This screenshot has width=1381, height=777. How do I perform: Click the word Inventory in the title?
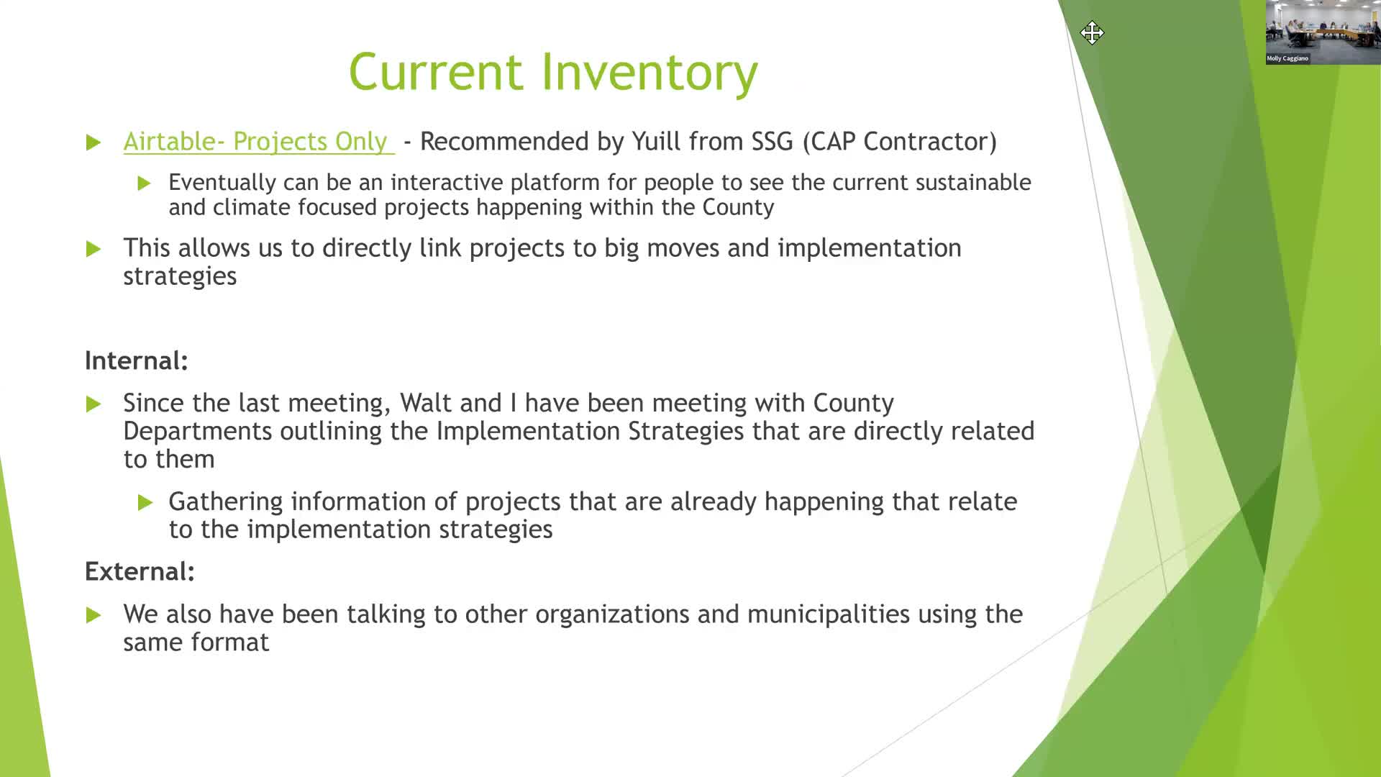650,72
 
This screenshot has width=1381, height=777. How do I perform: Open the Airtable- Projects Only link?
258,142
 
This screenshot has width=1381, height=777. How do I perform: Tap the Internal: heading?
136,360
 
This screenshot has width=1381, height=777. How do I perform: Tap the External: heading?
140,571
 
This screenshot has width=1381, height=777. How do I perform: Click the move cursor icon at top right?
1092,33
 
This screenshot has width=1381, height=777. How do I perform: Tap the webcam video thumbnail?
1323,32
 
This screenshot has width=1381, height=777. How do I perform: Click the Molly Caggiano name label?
1287,58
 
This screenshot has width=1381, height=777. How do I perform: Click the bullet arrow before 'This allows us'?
94,249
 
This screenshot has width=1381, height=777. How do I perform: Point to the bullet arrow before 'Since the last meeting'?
94,404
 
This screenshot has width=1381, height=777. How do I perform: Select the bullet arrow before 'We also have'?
94,615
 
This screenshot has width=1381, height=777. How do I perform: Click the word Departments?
198,432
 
